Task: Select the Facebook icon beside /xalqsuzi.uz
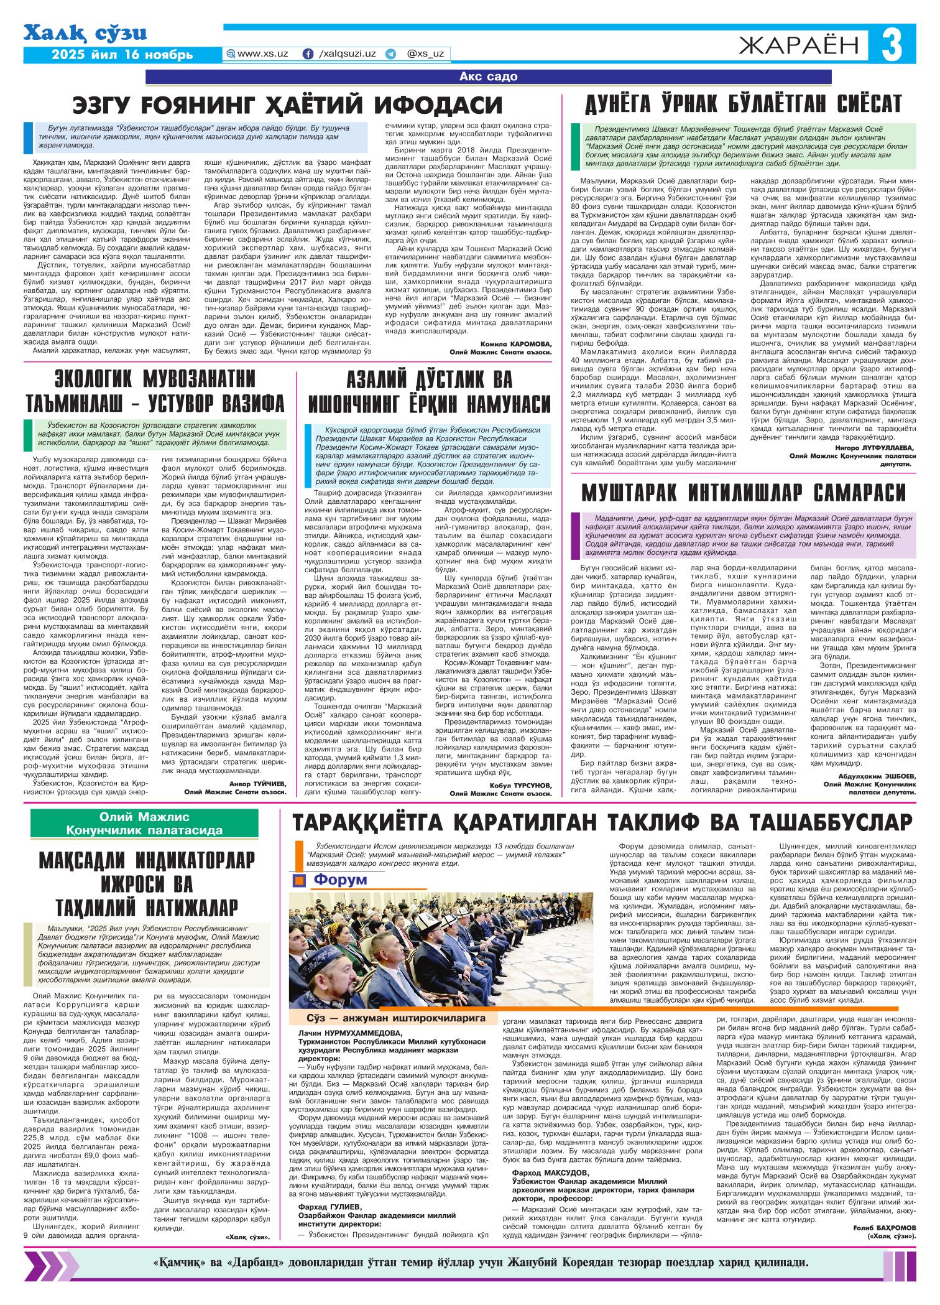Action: point(307,54)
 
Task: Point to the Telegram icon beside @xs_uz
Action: point(390,54)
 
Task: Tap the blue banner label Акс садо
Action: point(488,77)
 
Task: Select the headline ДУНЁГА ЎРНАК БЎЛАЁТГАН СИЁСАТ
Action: point(742,104)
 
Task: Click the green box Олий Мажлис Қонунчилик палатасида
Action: point(144,824)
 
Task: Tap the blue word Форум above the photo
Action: point(340,880)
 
